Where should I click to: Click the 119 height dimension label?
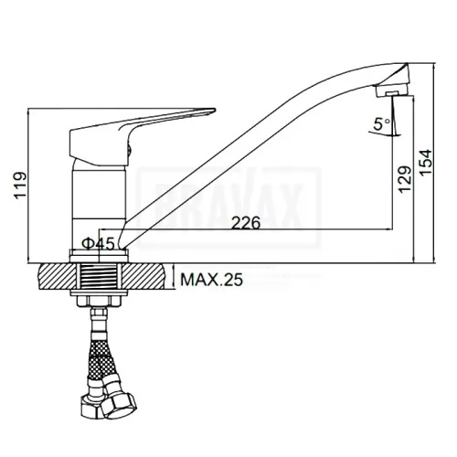[x=20, y=185]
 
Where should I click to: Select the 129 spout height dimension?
[x=405, y=179]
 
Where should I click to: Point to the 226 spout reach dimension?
[x=246, y=222]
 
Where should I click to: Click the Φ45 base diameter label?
[x=98, y=244]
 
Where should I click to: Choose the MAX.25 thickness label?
[x=211, y=280]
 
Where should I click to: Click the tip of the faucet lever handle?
[x=215, y=110]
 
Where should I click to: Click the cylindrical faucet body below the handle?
[x=99, y=207]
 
